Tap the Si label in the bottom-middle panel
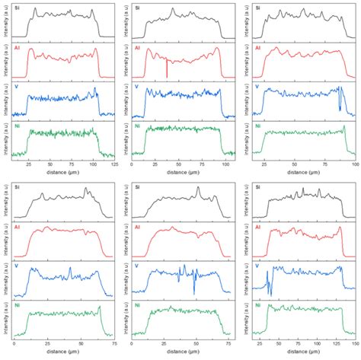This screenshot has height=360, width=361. click(x=136, y=187)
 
